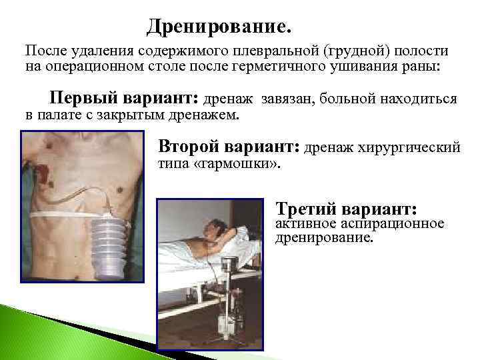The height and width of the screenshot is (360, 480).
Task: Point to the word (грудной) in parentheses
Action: [x=349, y=52]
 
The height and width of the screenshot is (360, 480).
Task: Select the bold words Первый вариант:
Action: [x=124, y=99]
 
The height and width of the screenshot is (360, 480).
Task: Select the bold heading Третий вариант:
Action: [x=346, y=209]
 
